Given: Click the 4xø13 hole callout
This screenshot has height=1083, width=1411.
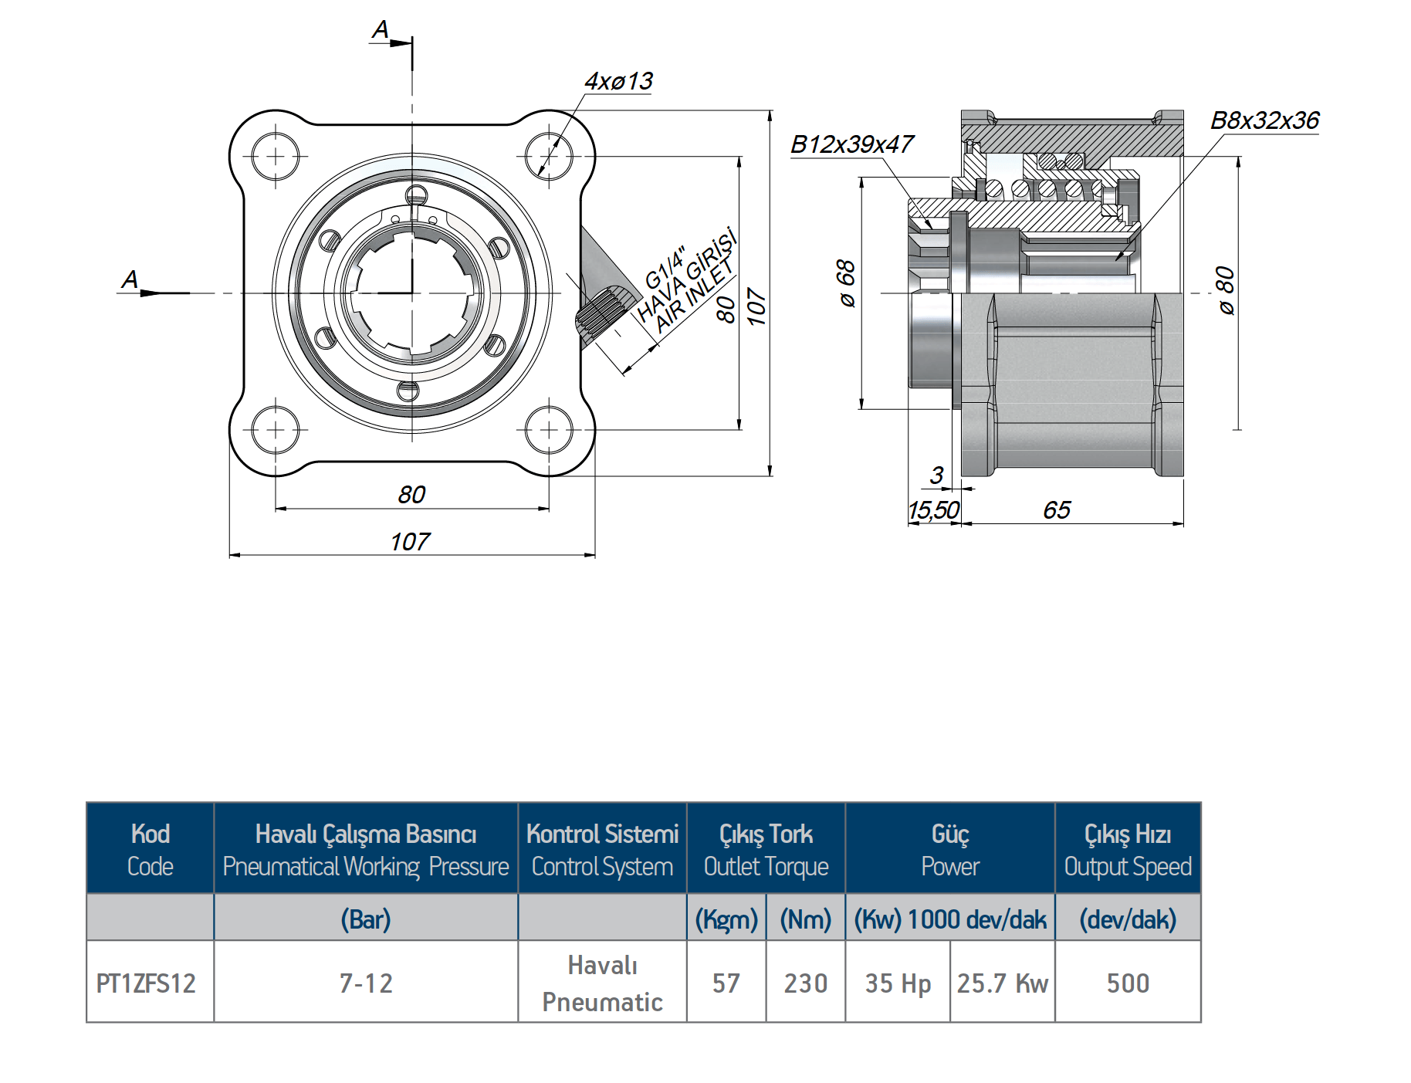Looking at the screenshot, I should click(618, 81).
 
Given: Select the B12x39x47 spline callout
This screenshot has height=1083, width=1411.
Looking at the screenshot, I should click(851, 144).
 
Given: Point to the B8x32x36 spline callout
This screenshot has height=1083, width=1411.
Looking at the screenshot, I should click(1264, 120).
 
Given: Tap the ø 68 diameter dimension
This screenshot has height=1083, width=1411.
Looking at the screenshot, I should click(847, 283).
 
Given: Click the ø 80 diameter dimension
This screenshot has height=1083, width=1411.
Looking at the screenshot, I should click(1226, 290).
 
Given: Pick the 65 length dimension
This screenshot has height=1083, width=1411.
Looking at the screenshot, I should click(1057, 509).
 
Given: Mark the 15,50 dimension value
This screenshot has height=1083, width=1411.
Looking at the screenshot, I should click(933, 510).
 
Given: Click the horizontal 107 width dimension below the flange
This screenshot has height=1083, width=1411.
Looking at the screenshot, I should click(410, 542).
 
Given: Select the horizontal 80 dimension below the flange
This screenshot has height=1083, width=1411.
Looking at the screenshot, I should click(411, 494).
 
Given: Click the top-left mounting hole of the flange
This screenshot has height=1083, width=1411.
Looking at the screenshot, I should click(276, 157).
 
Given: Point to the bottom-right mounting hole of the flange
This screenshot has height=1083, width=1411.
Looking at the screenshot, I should click(548, 430).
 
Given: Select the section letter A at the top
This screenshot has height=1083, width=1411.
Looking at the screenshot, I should click(381, 30).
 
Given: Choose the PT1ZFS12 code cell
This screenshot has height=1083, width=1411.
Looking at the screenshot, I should click(146, 983).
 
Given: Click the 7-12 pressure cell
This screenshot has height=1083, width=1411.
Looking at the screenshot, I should click(366, 983).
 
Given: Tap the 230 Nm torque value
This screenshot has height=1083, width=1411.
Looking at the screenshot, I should click(806, 983).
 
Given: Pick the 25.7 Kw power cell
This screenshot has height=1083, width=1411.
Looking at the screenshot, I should click(1002, 983).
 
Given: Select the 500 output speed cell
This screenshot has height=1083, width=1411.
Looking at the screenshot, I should click(1128, 983).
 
